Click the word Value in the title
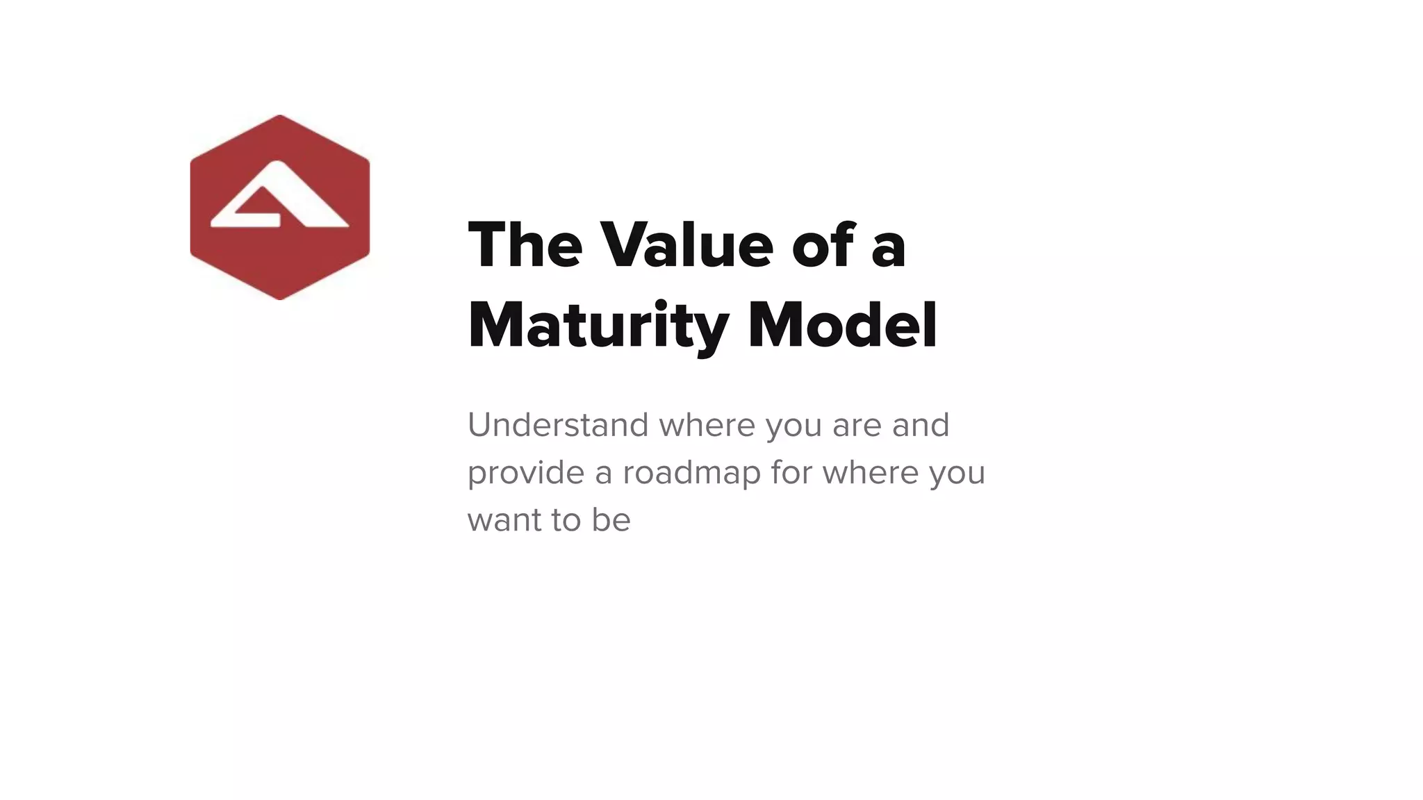686,245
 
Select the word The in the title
525,245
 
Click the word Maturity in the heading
598,326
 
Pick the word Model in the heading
843,326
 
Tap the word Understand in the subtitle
558,425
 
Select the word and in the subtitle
921,425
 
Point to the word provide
525,474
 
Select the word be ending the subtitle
611,519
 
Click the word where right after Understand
707,425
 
